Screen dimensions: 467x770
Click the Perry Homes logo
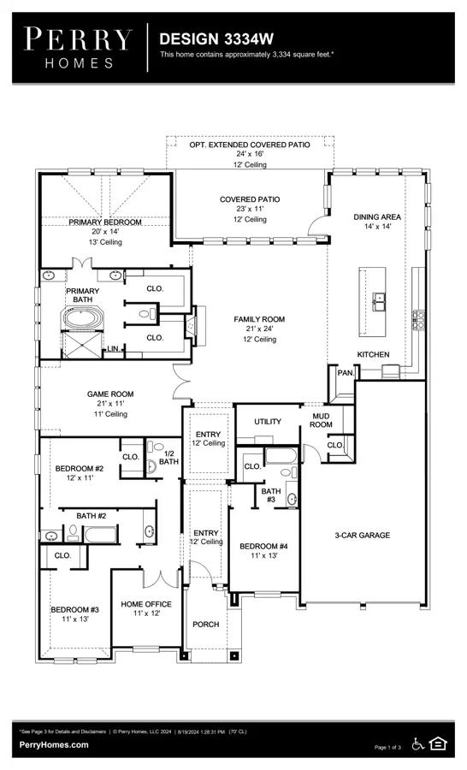[x=78, y=48]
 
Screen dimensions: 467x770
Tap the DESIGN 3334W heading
[x=216, y=38]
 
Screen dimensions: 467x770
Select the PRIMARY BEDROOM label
[x=105, y=222]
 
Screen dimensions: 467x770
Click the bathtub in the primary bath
[x=82, y=318]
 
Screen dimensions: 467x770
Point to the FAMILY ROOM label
[x=259, y=319]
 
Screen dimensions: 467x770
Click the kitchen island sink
[x=379, y=302]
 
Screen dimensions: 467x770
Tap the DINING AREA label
[x=377, y=216]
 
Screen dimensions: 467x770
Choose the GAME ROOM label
[x=110, y=394]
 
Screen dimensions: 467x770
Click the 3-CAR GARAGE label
[x=363, y=536]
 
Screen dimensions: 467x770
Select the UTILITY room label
[x=268, y=421]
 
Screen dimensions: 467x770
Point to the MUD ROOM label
[x=321, y=420]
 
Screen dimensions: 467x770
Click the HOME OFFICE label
[x=146, y=604]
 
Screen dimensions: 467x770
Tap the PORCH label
[x=206, y=625]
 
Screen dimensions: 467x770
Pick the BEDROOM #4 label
[x=263, y=546]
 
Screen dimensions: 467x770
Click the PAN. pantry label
[x=346, y=373]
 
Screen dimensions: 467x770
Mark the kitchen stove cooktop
[x=418, y=320]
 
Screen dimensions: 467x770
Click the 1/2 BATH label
[x=169, y=458]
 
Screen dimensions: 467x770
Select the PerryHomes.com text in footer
[x=54, y=745]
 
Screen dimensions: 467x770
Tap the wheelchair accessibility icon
[x=418, y=744]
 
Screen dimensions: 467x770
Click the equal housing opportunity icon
[x=438, y=743]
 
